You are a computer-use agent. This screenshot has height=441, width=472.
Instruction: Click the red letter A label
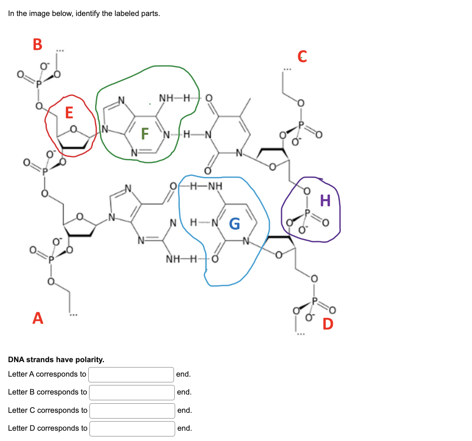pos(38,318)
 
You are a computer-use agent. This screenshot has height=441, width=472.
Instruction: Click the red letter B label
pos(37,45)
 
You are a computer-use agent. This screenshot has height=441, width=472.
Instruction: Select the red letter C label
pos(302,56)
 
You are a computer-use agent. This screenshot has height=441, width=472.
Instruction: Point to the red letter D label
pos(328,324)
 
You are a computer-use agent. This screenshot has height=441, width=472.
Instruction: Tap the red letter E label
pos(69,113)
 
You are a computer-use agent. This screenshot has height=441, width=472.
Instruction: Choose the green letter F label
pos(145,134)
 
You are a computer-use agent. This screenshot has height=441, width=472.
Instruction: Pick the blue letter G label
pos(234,224)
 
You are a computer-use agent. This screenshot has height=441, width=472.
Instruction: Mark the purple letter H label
pos(325,200)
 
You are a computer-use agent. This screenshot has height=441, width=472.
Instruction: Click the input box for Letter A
pos(131,374)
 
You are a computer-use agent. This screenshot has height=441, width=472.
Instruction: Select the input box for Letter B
pos(132,392)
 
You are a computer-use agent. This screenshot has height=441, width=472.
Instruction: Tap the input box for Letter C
pos(132,411)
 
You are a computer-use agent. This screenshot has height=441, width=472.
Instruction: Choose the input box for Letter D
pos(132,428)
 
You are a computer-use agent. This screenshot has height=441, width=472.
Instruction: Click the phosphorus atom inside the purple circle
pos(308,212)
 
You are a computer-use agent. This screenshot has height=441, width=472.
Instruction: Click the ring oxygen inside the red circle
pos(73,129)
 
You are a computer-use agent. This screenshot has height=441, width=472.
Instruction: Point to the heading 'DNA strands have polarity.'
pos(56,360)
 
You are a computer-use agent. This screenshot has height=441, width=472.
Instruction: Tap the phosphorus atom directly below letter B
pos(38,84)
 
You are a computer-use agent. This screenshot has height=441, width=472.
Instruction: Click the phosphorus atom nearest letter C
pos(301,124)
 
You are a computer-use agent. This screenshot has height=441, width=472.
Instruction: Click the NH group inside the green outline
pos(166,98)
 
